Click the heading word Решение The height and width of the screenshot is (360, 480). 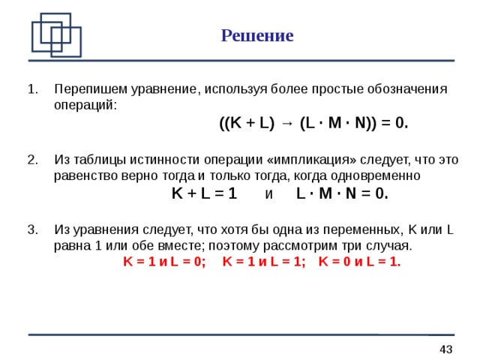[x=257, y=36]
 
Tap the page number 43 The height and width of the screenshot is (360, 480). [x=445, y=349]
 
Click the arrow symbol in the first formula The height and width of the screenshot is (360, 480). [x=287, y=124]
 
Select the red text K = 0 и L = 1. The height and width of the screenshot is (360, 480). [x=359, y=262]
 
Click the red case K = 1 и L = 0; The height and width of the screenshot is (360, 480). [x=164, y=262]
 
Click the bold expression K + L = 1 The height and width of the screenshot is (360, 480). [x=204, y=193]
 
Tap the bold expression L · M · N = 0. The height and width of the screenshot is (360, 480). [x=343, y=193]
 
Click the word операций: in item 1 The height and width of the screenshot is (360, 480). [x=85, y=104]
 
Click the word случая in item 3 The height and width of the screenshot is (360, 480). [x=389, y=245]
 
